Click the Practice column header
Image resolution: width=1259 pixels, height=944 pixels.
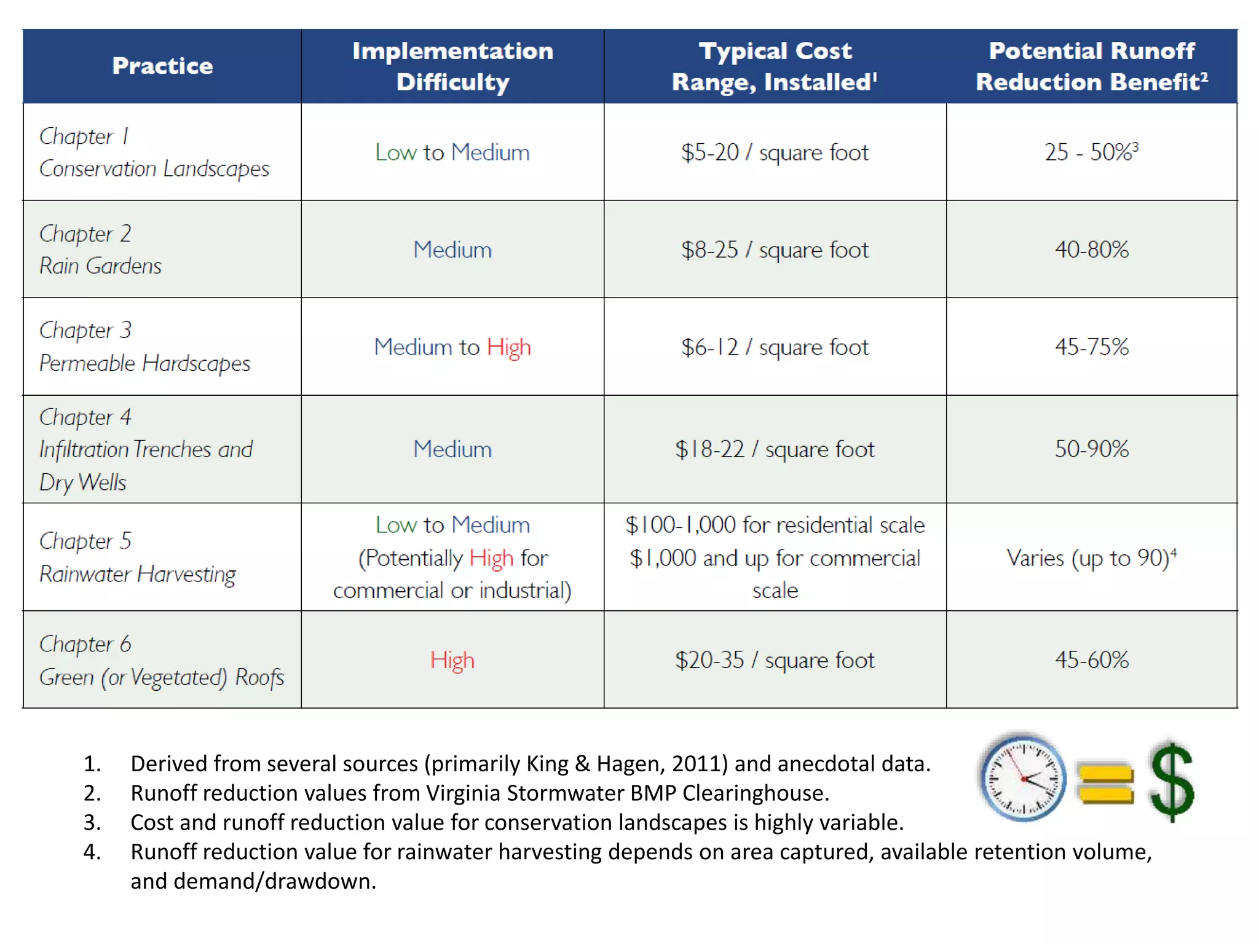[162, 66]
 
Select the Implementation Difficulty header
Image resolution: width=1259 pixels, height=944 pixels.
[452, 66]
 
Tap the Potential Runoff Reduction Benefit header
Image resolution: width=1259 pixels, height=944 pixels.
[1092, 66]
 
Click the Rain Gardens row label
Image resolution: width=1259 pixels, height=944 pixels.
[100, 265]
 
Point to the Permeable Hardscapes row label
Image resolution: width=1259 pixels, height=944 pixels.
[144, 363]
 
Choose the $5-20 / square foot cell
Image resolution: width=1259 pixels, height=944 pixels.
[775, 152]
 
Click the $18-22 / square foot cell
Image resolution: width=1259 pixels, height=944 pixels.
[775, 449]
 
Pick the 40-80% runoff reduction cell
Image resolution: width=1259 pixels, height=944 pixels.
[1092, 250]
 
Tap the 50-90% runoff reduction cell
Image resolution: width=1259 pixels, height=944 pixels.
[1092, 449]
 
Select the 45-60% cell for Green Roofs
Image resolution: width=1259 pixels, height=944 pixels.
[1092, 660]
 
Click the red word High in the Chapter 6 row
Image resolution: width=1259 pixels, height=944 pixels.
[452, 660]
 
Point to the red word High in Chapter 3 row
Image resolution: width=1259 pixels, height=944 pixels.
[509, 347]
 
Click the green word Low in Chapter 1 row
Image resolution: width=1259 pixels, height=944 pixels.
[396, 152]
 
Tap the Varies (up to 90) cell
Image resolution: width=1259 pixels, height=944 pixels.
[1091, 558]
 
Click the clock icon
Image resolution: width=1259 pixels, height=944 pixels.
[1023, 778]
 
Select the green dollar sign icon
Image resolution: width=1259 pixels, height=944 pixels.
[1172, 781]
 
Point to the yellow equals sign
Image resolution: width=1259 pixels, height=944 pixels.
[1105, 784]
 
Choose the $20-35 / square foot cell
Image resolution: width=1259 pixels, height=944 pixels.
[775, 660]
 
